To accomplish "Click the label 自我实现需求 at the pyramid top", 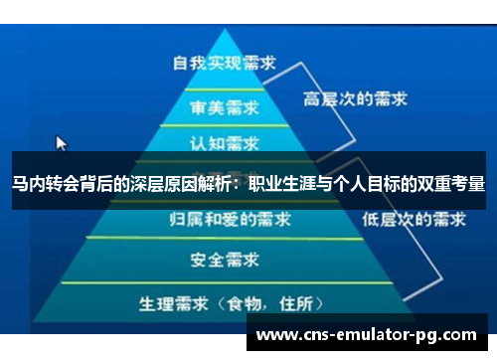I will (224, 62).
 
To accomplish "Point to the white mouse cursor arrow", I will (61, 142).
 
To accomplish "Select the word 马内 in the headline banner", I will (28, 184).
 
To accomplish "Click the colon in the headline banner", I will (239, 185).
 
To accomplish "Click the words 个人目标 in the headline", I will (374, 184).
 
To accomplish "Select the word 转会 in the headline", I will (62, 184).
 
